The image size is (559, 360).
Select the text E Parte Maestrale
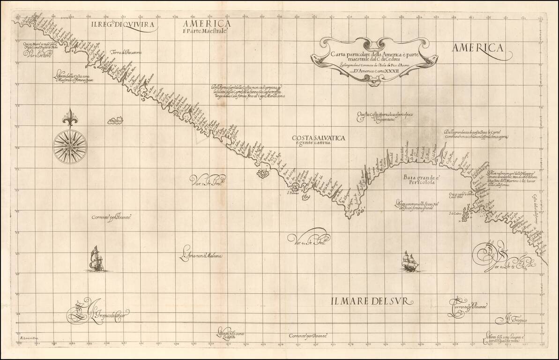click(x=205, y=31)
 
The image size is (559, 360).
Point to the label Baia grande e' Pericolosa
click(x=420, y=180)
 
